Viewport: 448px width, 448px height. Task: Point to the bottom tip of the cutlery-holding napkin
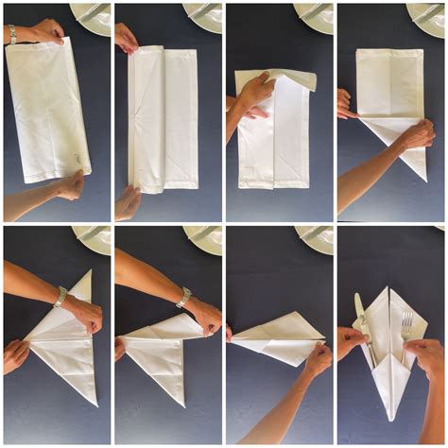point(388,416)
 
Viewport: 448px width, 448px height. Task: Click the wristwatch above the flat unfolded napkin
point(12,34)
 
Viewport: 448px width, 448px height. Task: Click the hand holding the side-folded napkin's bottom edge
point(126,200)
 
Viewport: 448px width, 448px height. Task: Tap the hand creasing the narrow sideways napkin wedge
point(317,359)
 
